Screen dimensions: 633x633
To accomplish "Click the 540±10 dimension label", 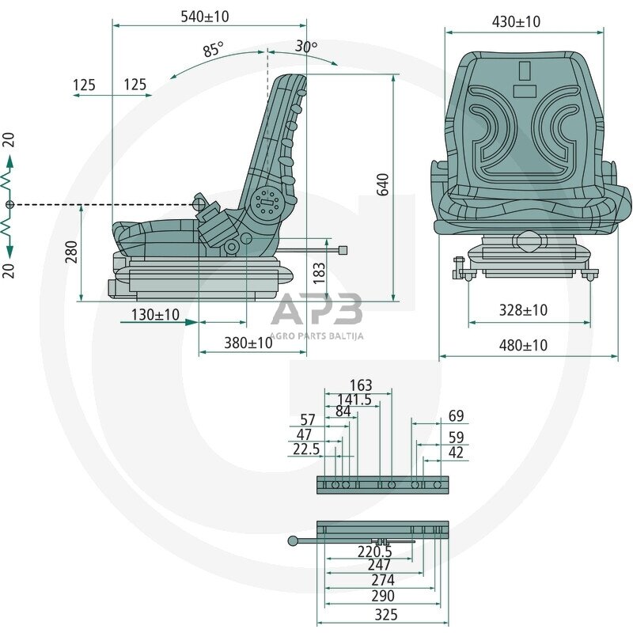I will click(x=204, y=16).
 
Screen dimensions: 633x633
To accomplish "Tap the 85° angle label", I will click(x=213, y=50).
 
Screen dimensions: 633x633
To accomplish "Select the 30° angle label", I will click(x=306, y=47).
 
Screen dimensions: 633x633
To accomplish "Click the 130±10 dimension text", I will click(x=155, y=315).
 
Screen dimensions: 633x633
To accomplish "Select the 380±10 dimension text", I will click(x=248, y=343).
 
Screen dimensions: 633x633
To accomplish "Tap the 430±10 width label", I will click(x=516, y=21).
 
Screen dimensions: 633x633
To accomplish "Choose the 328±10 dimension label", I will click(x=523, y=310).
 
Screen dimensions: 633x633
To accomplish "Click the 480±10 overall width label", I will click(x=523, y=345).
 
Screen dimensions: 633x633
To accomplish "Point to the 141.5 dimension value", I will click(x=354, y=400).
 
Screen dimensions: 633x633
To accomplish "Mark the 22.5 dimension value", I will click(x=306, y=449).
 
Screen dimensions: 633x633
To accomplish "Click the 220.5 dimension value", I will click(x=375, y=551).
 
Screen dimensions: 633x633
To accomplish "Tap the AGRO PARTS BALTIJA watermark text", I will click(x=316, y=335).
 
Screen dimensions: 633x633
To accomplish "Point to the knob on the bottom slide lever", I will click(x=293, y=540).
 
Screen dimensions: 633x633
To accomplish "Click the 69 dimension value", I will click(x=456, y=416).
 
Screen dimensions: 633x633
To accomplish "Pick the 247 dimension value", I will click(x=380, y=565).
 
